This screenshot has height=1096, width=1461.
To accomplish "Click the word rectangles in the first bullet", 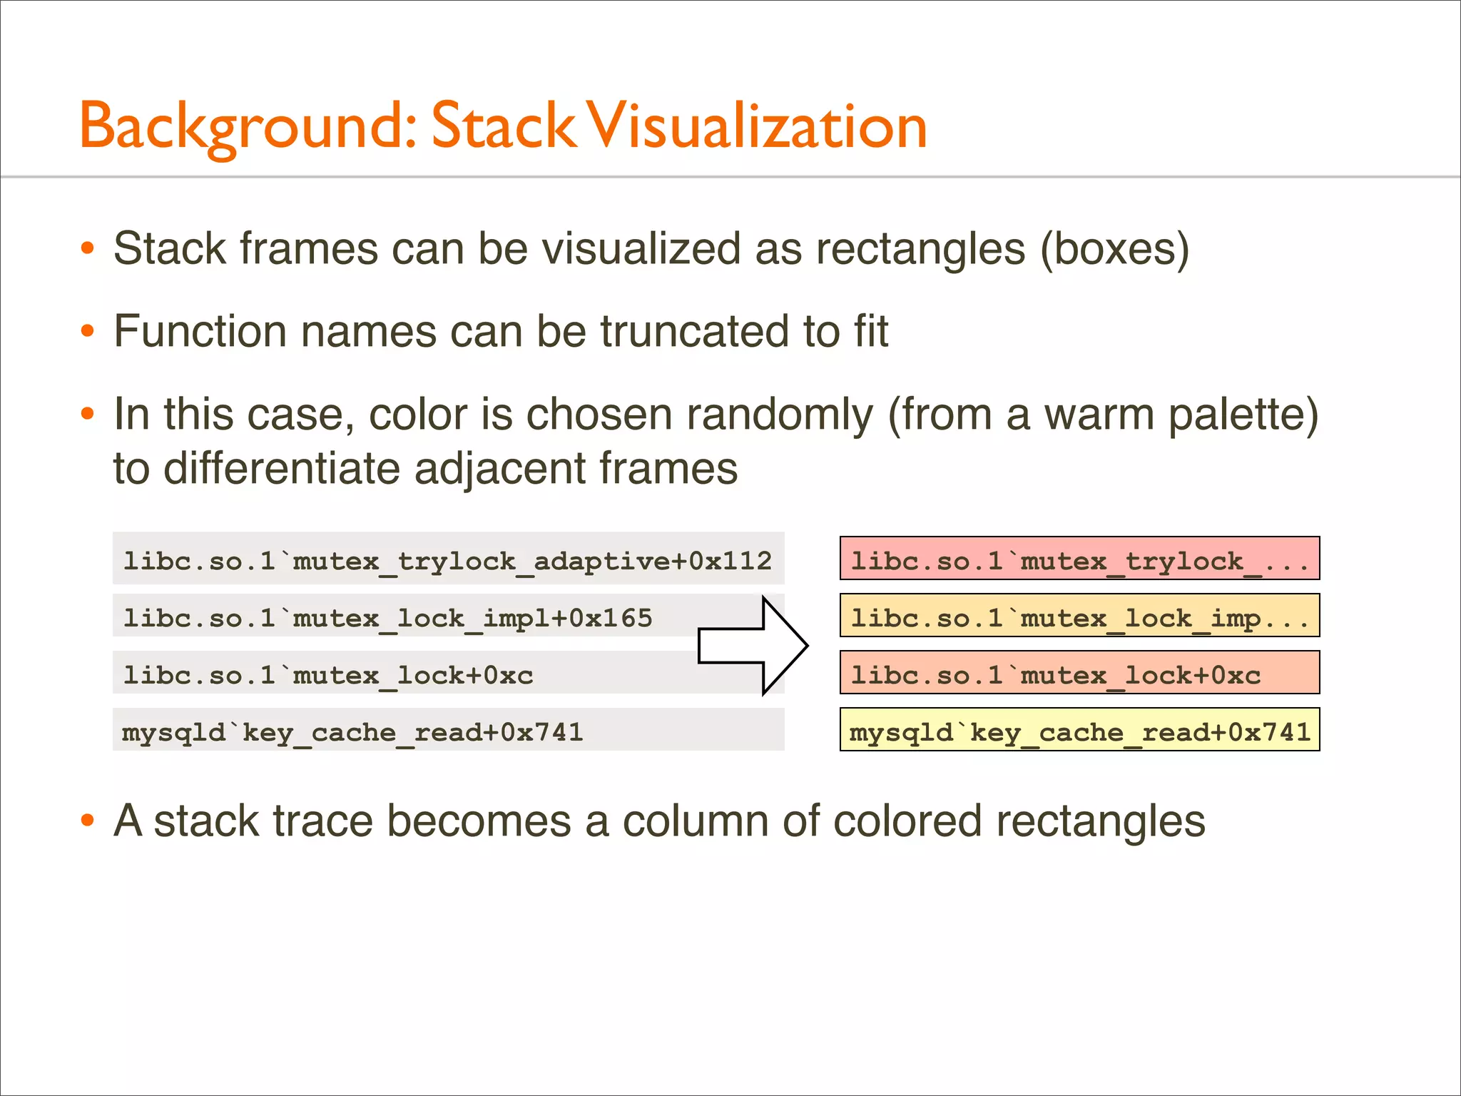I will click(x=921, y=249).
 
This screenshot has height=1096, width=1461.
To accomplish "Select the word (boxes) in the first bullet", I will click(x=1114, y=249).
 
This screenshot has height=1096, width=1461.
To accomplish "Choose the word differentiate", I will click(x=282, y=469).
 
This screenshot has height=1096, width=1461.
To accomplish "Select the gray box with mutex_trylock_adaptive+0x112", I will click(x=448, y=559).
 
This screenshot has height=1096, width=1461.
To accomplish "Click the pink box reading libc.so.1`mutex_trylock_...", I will click(x=1079, y=559).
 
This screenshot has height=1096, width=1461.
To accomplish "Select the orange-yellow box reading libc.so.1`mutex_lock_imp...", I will click(x=1079, y=616).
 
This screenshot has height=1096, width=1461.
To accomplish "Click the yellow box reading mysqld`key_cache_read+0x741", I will click(x=1079, y=730).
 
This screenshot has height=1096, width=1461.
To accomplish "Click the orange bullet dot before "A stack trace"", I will click(x=88, y=821).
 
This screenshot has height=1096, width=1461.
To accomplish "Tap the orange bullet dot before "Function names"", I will click(x=88, y=332).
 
